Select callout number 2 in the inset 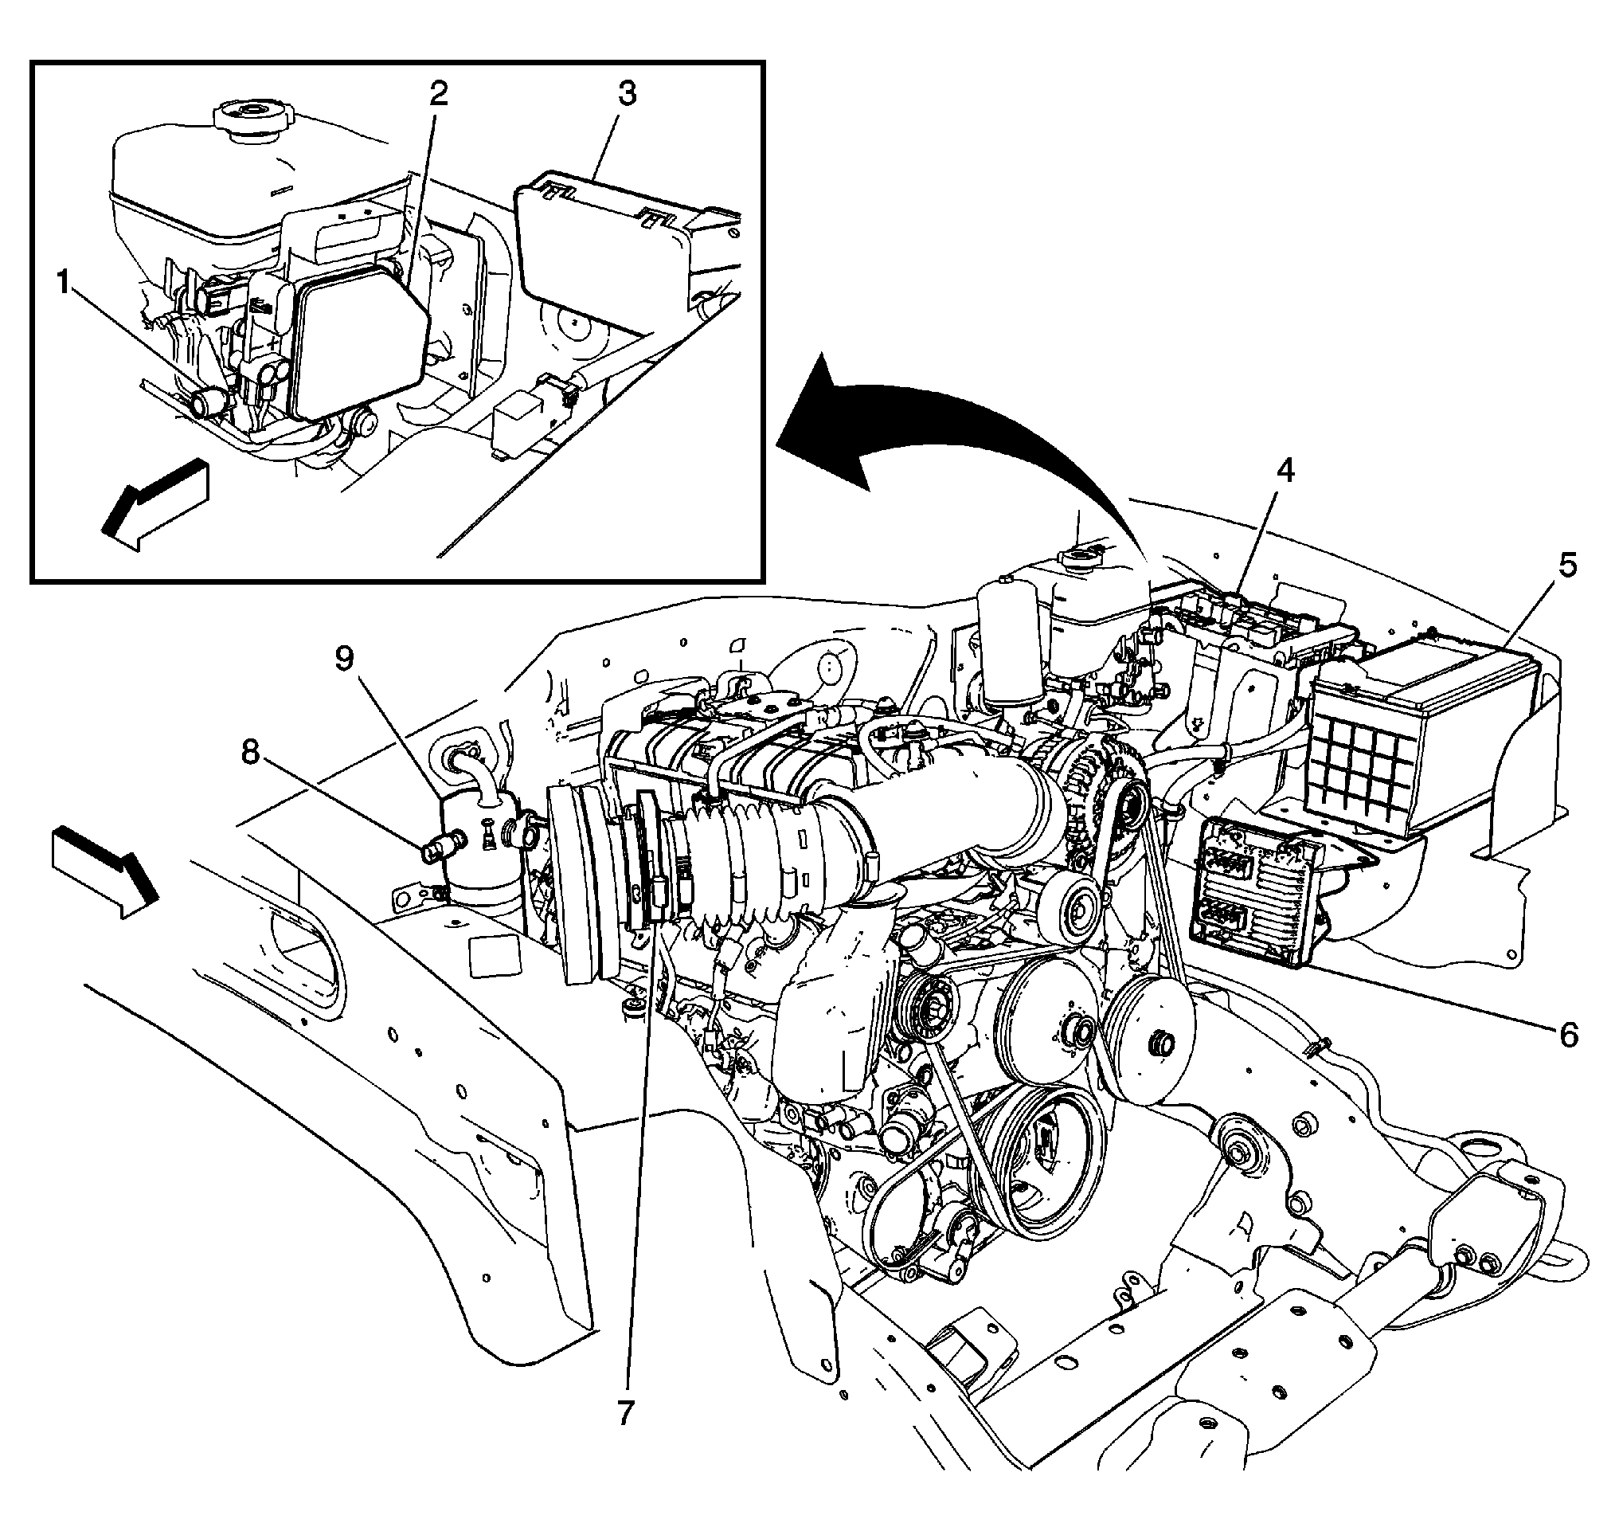(x=438, y=96)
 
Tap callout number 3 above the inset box (x=626, y=94)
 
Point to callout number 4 (x=1285, y=471)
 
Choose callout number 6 (x=1568, y=1035)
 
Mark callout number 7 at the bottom (x=625, y=1412)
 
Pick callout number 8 (x=250, y=753)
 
